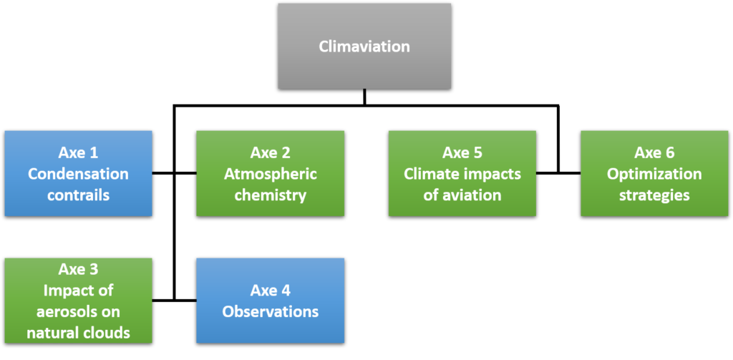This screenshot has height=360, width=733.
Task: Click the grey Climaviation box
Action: (x=364, y=47)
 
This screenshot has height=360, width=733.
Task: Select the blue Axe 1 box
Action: (x=78, y=173)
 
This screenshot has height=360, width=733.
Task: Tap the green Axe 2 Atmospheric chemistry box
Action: (x=270, y=173)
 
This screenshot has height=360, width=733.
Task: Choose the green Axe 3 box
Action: (x=78, y=301)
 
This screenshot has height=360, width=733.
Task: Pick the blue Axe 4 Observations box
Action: (x=270, y=301)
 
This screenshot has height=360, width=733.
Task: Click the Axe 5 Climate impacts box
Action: (x=462, y=173)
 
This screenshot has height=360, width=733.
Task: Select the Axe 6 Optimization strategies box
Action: (x=654, y=173)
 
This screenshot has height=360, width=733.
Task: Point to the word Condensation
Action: (x=78, y=174)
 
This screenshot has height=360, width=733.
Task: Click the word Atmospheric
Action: (x=270, y=175)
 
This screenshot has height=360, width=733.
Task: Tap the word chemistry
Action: (x=270, y=195)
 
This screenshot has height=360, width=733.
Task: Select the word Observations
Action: (x=270, y=311)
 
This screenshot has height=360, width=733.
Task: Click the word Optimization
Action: (x=654, y=175)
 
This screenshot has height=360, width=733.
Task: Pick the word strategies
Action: (x=654, y=195)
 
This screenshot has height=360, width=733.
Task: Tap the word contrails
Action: (x=78, y=195)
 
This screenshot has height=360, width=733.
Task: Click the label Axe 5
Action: (x=462, y=153)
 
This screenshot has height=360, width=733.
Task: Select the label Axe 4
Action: (x=270, y=291)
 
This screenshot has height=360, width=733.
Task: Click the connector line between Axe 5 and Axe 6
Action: (x=558, y=173)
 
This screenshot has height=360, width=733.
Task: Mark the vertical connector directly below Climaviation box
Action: (x=364, y=97)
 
